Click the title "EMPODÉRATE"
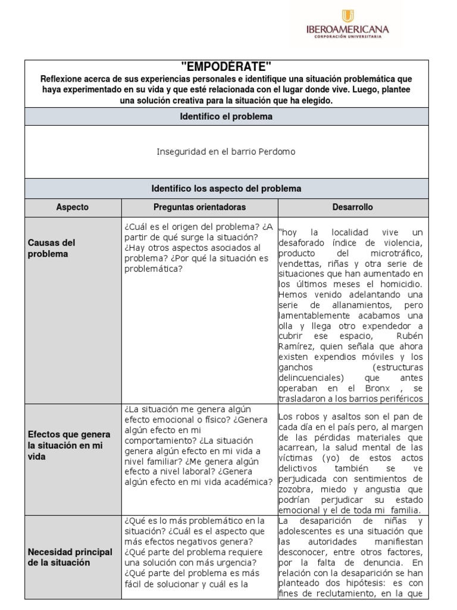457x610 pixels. tap(226, 67)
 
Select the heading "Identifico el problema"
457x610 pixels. tap(226, 117)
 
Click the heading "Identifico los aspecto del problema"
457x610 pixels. tap(226, 188)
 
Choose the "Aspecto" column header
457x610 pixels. tap(73, 207)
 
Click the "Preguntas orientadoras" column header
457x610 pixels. tap(199, 207)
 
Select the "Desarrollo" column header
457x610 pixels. tap(352, 207)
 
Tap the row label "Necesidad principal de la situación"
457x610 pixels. tap(70, 557)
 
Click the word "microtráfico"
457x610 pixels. tap(397, 253)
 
